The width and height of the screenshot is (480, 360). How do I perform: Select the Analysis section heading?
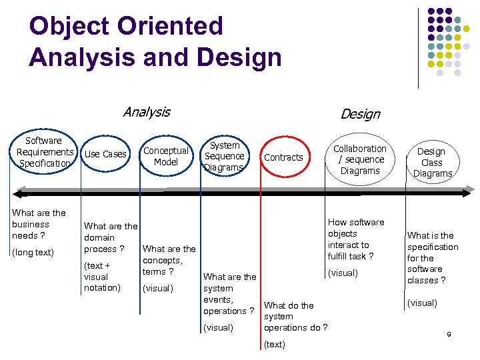click(x=147, y=112)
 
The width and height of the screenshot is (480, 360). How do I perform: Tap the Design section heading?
click(x=360, y=114)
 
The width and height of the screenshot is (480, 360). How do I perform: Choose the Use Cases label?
click(x=105, y=154)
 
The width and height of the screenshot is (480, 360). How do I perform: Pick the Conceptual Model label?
click(x=166, y=156)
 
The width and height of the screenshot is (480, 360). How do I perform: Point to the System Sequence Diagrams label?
click(x=224, y=156)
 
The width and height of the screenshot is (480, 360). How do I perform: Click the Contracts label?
click(x=283, y=157)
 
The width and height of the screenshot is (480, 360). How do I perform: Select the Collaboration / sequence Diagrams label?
click(x=360, y=159)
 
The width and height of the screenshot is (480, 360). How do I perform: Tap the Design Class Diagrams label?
click(x=431, y=162)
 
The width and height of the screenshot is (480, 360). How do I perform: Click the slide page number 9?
click(x=449, y=334)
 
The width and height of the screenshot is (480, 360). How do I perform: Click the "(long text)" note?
click(x=33, y=252)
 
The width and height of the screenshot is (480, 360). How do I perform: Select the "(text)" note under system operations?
click(x=275, y=345)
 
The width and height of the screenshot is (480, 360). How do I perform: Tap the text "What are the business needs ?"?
click(x=39, y=224)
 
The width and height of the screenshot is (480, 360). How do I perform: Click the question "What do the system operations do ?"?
click(x=295, y=317)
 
